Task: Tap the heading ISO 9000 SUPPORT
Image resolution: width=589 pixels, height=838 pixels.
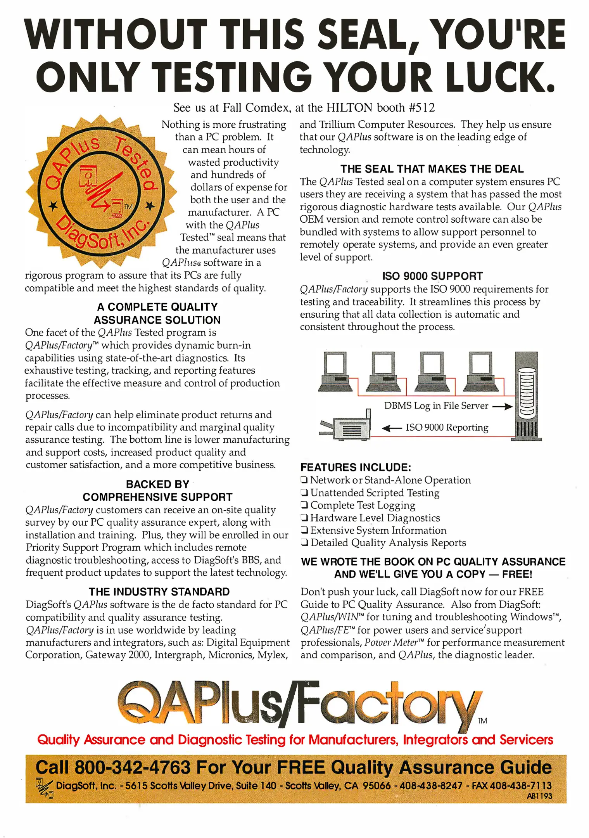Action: (x=432, y=276)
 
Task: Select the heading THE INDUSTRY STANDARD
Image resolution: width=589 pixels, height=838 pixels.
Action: (x=159, y=592)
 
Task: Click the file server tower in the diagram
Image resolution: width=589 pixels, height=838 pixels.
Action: (x=527, y=396)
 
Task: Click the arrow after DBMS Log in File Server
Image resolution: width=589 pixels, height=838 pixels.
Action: (x=503, y=407)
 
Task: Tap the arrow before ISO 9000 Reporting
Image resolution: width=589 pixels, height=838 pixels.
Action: (x=392, y=428)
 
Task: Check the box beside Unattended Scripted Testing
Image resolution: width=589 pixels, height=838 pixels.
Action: (x=304, y=493)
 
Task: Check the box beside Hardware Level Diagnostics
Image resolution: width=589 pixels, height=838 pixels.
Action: (x=304, y=518)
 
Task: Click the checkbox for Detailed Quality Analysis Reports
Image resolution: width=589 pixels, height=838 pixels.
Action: (x=304, y=543)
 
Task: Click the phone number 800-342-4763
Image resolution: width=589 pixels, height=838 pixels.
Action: (x=132, y=767)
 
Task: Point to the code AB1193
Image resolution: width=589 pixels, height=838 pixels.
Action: (x=539, y=796)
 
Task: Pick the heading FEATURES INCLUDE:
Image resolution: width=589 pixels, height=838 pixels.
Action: (x=356, y=467)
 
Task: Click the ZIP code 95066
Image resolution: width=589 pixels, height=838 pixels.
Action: (x=377, y=786)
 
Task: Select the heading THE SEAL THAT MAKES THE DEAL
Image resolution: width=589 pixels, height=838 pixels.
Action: (x=432, y=169)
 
